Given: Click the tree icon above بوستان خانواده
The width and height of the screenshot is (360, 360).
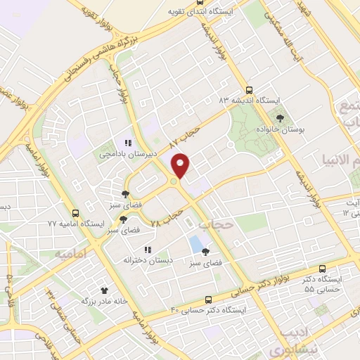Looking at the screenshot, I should tap(281, 117).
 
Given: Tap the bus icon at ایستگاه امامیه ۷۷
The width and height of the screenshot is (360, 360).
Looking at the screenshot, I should tap(75, 212).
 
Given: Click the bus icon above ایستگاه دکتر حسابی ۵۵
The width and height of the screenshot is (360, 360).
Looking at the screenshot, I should tap(322, 269).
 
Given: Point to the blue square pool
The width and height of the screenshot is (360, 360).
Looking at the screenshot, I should tap(194, 245).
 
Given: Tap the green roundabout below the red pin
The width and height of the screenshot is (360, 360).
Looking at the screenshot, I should tap(174, 184).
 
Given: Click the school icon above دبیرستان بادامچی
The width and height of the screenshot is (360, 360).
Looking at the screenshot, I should tap(128, 142).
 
